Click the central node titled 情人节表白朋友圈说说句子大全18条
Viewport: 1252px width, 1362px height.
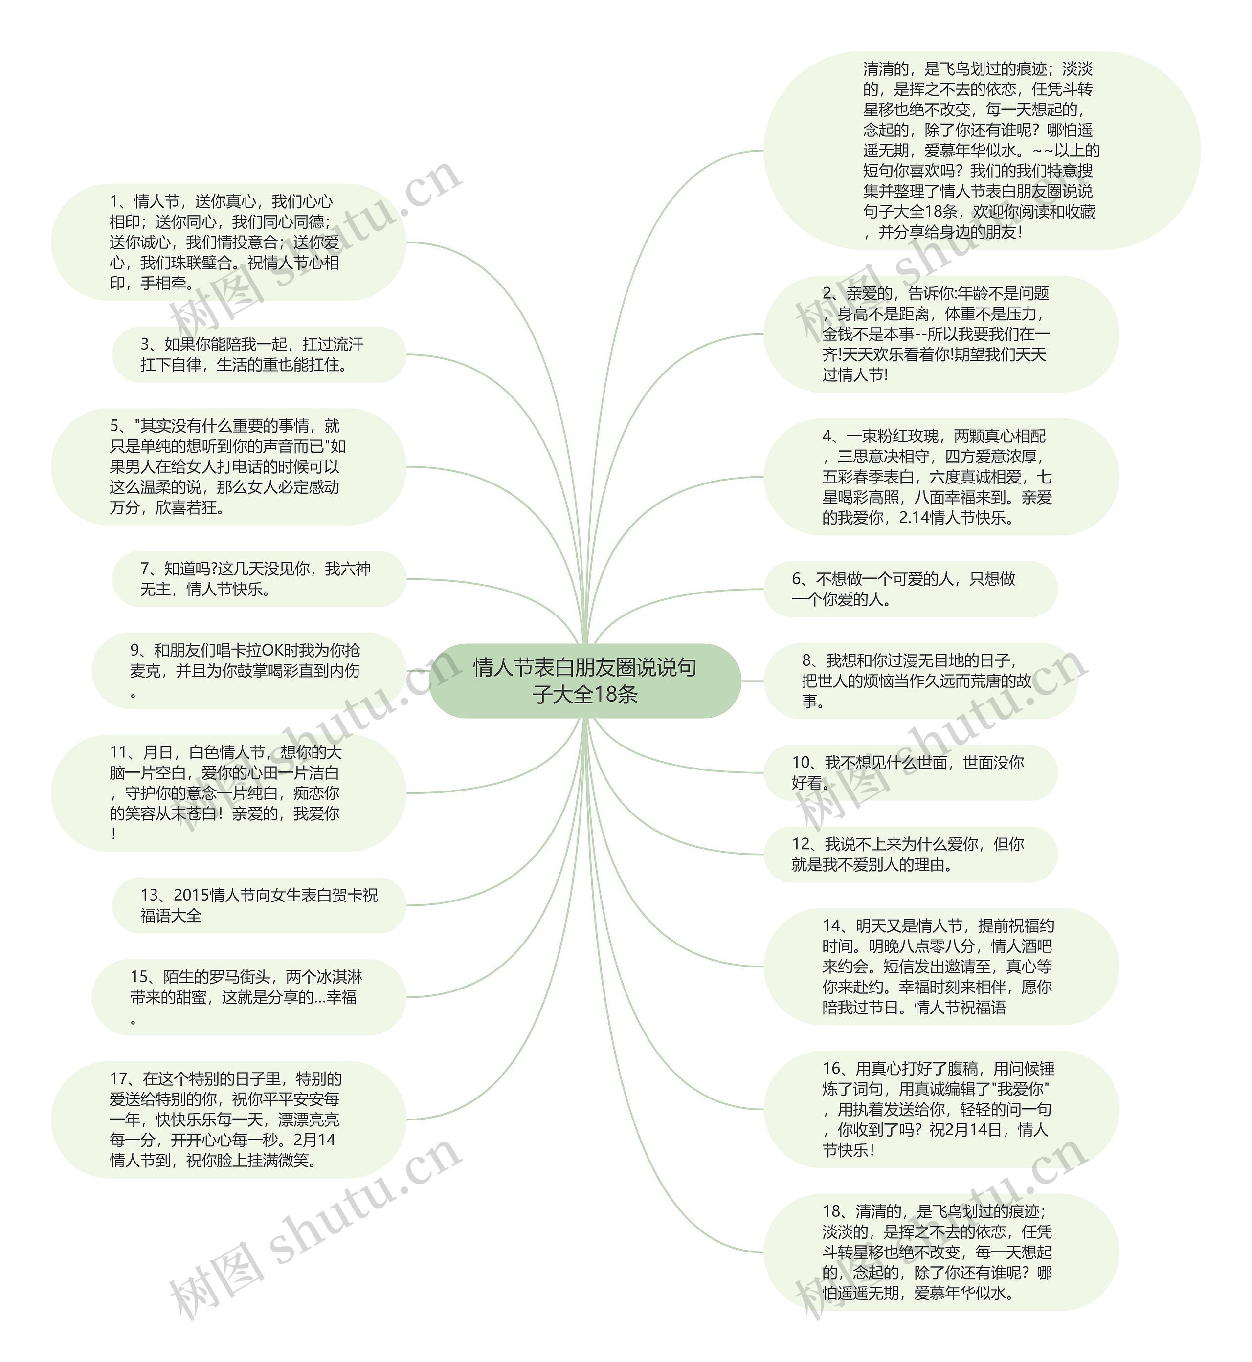pyautogui.click(x=584, y=681)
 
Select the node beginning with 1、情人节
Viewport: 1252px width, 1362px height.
pyautogui.click(x=228, y=242)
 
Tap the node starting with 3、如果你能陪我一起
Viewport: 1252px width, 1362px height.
pyautogui.click(x=258, y=354)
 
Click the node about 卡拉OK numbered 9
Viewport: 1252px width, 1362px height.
pyautogui.click(x=248, y=671)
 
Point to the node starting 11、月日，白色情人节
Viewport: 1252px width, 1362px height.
pyautogui.click(x=228, y=792)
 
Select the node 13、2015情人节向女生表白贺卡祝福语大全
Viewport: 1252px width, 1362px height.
pyautogui.click(x=258, y=905)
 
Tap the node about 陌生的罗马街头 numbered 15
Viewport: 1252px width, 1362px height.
pyautogui.click(x=248, y=996)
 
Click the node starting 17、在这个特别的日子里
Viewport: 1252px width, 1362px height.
pyautogui.click(x=228, y=1119)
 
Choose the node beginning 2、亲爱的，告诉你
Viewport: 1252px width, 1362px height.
pyautogui.click(x=940, y=334)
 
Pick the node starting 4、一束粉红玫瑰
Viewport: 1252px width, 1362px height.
pyautogui.click(x=940, y=477)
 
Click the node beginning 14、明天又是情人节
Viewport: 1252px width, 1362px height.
pyautogui.click(x=940, y=966)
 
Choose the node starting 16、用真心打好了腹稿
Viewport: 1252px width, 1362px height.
pyautogui.click(x=940, y=1109)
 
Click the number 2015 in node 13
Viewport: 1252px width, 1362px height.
pyautogui.click(x=191, y=895)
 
